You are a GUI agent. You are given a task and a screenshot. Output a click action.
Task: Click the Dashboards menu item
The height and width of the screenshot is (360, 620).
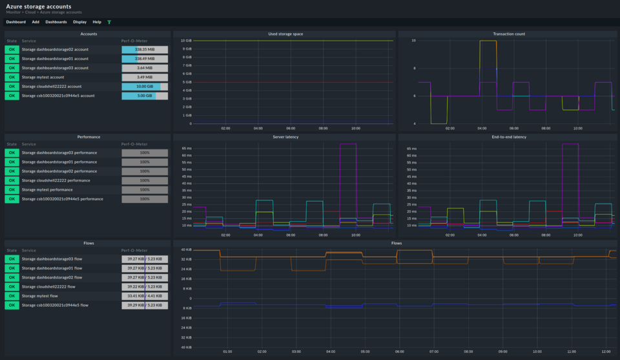(x=56, y=22)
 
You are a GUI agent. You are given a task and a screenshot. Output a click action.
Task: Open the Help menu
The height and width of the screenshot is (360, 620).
(x=96, y=22)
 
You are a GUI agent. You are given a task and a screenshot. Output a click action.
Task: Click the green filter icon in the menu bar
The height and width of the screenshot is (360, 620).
(x=109, y=22)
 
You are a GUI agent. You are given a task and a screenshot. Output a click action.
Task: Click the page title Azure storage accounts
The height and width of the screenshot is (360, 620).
(x=39, y=6)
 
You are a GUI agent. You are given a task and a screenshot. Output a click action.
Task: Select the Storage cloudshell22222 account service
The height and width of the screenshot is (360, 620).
(x=52, y=87)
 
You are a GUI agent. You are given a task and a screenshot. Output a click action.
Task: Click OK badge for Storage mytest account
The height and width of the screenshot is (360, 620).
(x=12, y=77)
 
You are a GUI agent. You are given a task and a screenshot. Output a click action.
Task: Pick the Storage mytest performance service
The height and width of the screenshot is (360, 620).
(x=47, y=190)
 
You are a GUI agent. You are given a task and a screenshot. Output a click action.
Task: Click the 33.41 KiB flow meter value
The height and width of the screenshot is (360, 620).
(x=133, y=295)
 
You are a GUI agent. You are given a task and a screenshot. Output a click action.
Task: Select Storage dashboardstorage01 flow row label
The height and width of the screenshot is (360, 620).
(x=52, y=268)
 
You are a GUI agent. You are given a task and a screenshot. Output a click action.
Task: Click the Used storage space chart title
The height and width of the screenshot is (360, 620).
(x=285, y=34)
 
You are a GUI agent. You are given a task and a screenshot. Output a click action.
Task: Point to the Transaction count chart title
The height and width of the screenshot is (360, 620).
(x=508, y=34)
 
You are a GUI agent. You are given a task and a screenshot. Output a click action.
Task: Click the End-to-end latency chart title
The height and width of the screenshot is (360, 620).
(x=508, y=137)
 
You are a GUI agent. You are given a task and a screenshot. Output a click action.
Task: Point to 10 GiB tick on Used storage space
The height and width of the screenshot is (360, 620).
(x=186, y=41)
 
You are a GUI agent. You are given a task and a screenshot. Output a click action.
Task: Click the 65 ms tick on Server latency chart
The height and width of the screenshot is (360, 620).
(x=187, y=148)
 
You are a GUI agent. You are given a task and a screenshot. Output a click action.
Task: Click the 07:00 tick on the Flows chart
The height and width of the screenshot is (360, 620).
(x=434, y=352)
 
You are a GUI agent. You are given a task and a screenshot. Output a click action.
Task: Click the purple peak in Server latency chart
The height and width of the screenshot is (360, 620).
(x=347, y=143)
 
